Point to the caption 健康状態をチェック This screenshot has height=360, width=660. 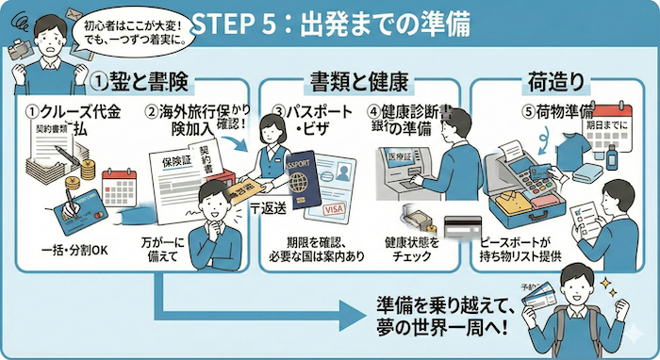(410, 250)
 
